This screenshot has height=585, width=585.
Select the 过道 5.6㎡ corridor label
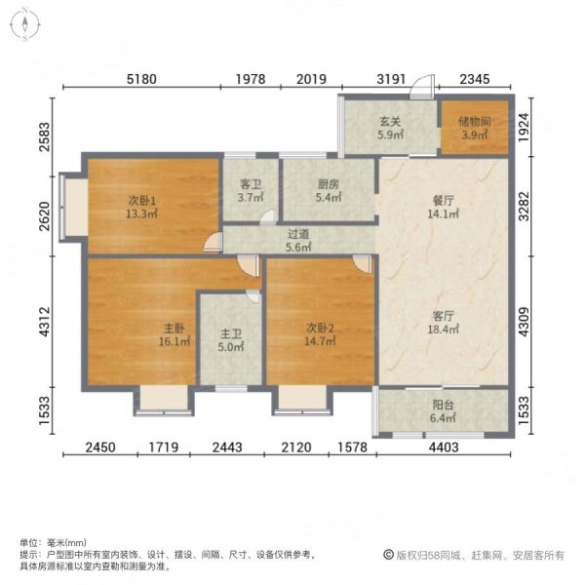298,240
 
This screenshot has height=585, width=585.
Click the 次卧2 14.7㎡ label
321,335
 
